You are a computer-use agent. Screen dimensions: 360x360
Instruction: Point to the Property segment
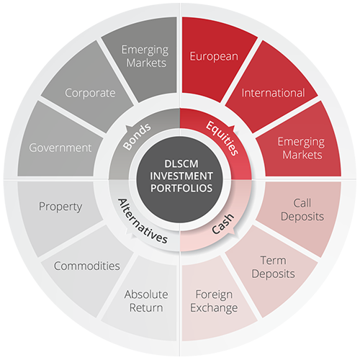pos(60,211)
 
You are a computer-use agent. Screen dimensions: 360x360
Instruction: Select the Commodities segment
pos(88,269)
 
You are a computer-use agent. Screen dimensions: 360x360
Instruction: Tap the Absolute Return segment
pos(144,300)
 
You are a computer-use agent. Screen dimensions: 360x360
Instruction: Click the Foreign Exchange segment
pos(214,300)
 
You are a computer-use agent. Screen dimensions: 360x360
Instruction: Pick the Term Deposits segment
pos(272,269)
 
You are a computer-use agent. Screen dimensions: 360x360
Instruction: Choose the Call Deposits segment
pos(301,211)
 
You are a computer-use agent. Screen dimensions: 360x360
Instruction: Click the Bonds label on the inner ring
pos(137,137)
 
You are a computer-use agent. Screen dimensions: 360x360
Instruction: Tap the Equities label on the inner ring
pos(222,138)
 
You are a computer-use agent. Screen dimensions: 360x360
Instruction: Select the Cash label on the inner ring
pos(222,224)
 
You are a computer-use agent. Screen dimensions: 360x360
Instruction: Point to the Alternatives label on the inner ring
pos(143,221)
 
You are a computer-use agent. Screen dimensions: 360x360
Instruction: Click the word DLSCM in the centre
pos(181,164)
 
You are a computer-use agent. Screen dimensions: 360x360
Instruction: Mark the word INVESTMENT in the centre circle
pos(181,176)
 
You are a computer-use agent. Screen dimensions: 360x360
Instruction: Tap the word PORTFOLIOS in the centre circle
pos(181,188)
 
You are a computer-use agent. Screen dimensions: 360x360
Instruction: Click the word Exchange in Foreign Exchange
pos(214,308)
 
